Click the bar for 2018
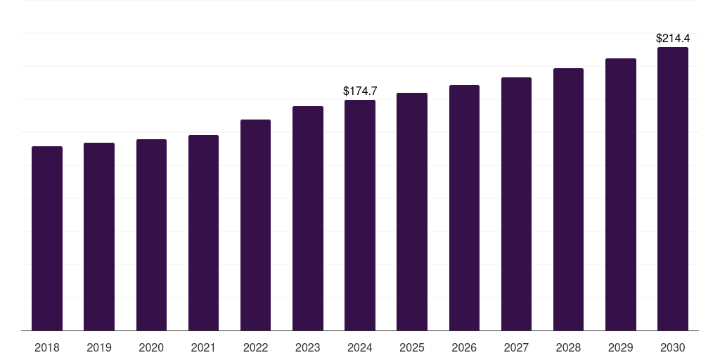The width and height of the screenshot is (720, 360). click(x=47, y=238)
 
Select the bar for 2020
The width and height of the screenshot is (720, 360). click(x=151, y=235)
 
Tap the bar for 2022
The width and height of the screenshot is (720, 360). click(x=255, y=225)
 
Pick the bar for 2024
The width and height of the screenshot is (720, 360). click(x=360, y=215)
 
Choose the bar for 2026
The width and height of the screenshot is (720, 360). click(x=464, y=207)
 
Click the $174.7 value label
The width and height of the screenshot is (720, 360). click(x=360, y=91)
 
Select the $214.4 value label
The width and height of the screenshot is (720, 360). click(x=673, y=38)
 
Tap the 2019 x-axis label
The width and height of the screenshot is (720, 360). click(x=99, y=347)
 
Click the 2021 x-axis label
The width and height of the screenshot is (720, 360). click(x=203, y=347)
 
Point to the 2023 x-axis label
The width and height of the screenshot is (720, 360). click(x=308, y=347)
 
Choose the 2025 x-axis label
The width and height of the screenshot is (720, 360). click(x=412, y=347)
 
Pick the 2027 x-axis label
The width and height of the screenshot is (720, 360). click(x=516, y=347)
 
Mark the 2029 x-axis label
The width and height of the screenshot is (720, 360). click(x=621, y=347)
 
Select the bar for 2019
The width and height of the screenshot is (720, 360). click(x=99, y=236)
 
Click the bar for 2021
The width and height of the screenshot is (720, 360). click(x=203, y=233)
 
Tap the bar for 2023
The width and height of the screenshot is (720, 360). click(x=308, y=218)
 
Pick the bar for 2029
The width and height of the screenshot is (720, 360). click(x=621, y=194)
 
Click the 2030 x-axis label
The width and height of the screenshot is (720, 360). click(x=673, y=347)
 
